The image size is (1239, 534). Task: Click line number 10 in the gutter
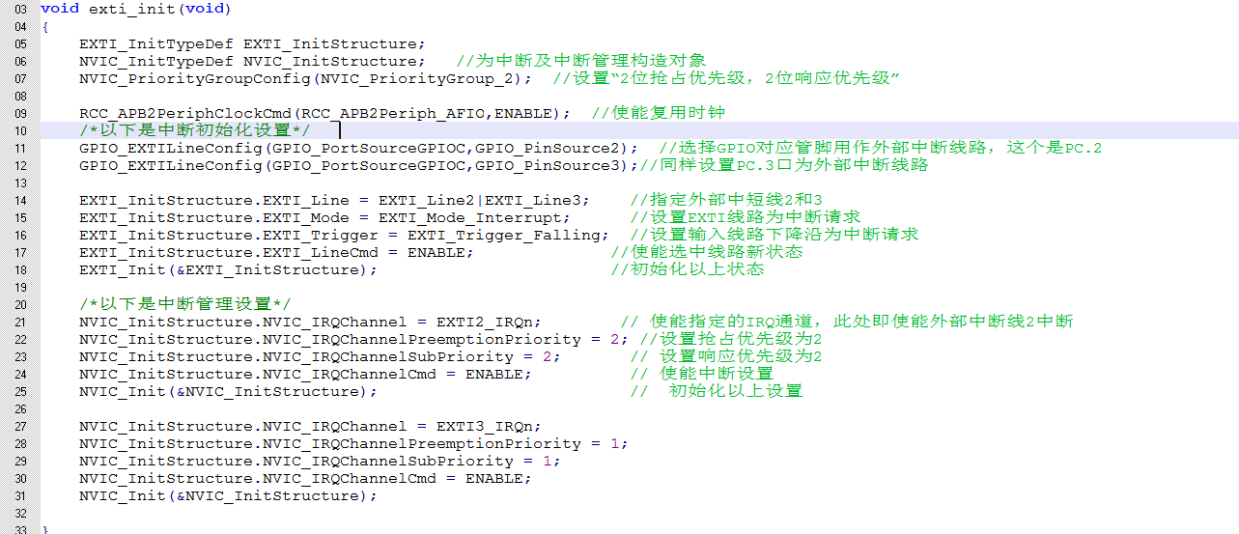pyautogui.click(x=20, y=130)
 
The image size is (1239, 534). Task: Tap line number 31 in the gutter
pyautogui.click(x=20, y=495)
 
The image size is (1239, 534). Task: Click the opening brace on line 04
pyautogui.click(x=44, y=27)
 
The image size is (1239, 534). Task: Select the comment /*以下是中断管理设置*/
pyautogui.click(x=185, y=304)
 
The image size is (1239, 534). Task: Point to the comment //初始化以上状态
pyautogui.click(x=688, y=269)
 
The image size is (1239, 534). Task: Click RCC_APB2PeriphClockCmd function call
pyautogui.click(x=185, y=113)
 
